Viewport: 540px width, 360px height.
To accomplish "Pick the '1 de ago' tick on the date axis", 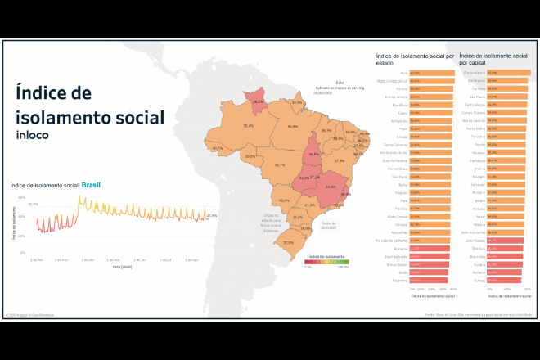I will point(192,259).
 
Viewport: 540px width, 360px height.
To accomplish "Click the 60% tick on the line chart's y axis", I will point(23,198).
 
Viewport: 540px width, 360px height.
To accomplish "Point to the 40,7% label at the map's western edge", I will point(217,148).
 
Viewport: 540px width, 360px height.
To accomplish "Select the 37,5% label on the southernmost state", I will point(288,243).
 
